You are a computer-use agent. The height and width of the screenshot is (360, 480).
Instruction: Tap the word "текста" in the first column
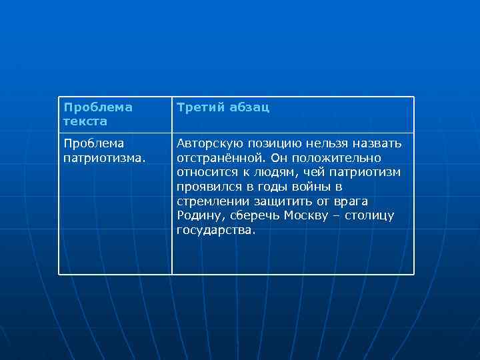pos(85,122)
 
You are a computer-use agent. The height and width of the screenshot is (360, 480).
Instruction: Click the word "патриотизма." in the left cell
pos(104,158)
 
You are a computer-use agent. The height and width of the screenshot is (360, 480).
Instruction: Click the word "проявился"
pos(206,187)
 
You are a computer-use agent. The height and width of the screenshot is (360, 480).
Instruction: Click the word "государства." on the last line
pos(216,231)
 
